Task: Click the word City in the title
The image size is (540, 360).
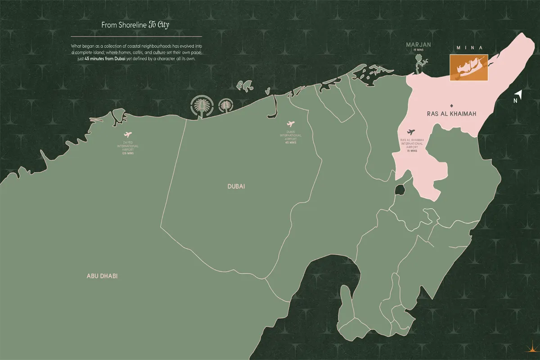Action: [162, 25]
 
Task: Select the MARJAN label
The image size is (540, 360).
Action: [418, 45]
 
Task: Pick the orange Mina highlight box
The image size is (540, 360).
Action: [468, 68]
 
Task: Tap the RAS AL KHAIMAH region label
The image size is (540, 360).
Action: [451, 115]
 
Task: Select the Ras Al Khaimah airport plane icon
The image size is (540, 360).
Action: [410, 132]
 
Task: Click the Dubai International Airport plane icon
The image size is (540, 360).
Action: [290, 124]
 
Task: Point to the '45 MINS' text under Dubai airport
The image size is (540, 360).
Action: [290, 144]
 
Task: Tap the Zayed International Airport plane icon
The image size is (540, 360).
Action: [128, 135]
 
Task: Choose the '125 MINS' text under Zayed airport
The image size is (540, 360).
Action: [128, 154]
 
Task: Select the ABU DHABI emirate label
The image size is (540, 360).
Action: [102, 276]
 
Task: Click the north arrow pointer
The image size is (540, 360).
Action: [518, 94]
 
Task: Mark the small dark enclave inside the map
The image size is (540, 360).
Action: [399, 189]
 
